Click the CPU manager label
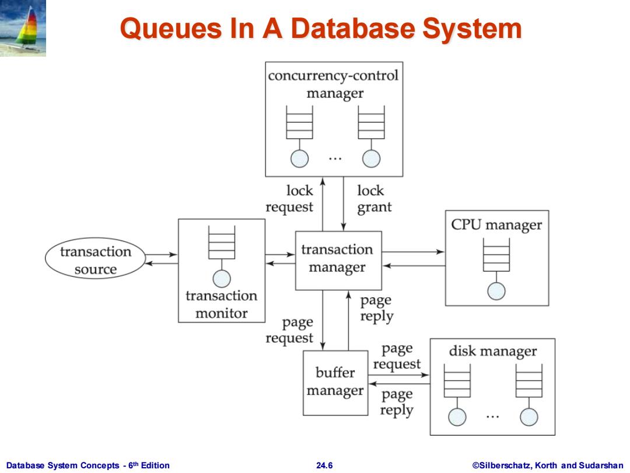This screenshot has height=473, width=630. (496, 225)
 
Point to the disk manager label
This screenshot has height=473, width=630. (492, 352)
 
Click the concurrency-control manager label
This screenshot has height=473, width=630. (334, 84)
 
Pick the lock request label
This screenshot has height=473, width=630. (289, 199)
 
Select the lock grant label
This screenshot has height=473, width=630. (374, 199)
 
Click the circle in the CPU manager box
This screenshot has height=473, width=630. (496, 291)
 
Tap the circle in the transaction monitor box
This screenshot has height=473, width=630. (222, 279)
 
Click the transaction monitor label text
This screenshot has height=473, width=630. (222, 304)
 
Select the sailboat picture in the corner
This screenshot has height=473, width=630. (23, 28)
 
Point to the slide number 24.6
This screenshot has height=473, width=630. (324, 465)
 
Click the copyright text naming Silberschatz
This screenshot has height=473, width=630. (548, 465)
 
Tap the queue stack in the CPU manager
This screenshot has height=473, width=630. (496, 255)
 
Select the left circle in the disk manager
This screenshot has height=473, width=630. (457, 417)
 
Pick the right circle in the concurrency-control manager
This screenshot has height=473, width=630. (371, 158)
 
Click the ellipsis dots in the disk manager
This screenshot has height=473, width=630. (492, 417)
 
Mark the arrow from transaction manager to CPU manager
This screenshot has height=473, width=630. (413, 252)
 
